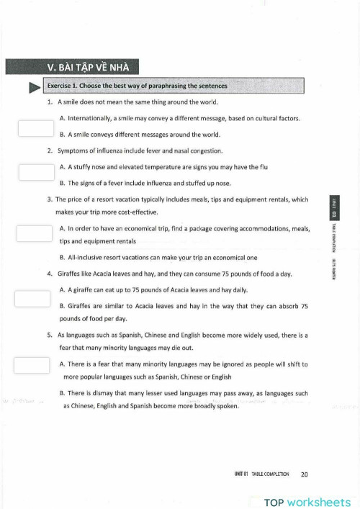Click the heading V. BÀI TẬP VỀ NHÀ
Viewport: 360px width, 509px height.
tap(71, 68)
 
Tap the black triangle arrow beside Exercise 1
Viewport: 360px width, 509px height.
tap(33, 87)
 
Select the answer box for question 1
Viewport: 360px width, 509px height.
tap(36, 127)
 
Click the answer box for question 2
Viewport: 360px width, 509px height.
tap(36, 171)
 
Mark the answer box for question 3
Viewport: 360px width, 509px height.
tap(35, 233)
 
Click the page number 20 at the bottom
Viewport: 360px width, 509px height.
tap(304, 474)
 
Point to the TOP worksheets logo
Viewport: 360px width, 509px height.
tap(307, 502)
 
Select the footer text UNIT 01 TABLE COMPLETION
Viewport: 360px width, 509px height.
tap(261, 474)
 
